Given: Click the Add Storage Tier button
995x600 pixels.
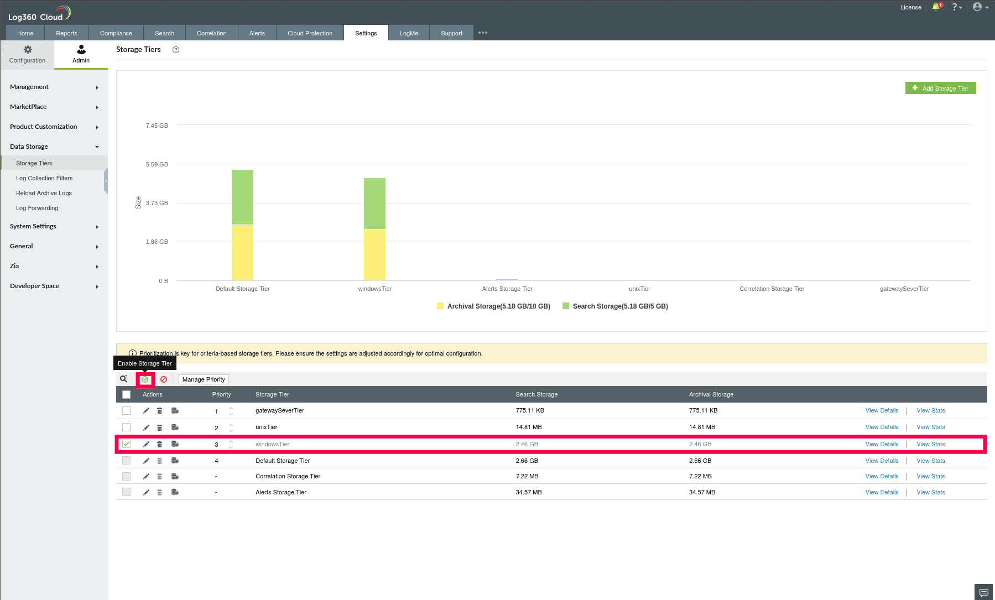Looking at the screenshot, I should pos(940,88).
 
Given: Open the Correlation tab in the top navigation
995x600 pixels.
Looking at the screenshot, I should pos(211,33).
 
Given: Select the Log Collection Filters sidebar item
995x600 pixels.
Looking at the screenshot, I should pos(44,178).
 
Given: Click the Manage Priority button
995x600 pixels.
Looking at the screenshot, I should pos(204,379).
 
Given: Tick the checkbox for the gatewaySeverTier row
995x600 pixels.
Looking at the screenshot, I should pos(127,411).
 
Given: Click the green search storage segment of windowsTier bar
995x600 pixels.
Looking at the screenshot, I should pos(374,203).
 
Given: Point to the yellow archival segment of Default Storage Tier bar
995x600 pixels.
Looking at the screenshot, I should pos(242,252).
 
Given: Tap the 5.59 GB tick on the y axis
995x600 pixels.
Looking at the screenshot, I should pos(157,164).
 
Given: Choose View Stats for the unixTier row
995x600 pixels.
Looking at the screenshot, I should pos(930,427).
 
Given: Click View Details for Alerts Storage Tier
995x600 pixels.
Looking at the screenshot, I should pos(882,493).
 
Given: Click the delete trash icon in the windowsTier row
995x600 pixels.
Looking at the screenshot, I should pos(159,445).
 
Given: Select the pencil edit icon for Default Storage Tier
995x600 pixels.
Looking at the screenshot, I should pos(146,461).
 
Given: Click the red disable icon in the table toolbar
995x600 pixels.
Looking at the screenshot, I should pos(164,379).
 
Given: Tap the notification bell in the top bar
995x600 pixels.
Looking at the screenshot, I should pos(936,7).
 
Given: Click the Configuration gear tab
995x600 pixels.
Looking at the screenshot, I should pos(27,54).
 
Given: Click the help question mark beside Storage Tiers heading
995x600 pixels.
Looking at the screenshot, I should pos(176,50).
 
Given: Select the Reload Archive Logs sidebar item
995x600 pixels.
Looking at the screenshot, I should pos(44,193).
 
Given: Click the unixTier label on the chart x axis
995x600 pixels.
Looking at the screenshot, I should pos(639,289).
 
